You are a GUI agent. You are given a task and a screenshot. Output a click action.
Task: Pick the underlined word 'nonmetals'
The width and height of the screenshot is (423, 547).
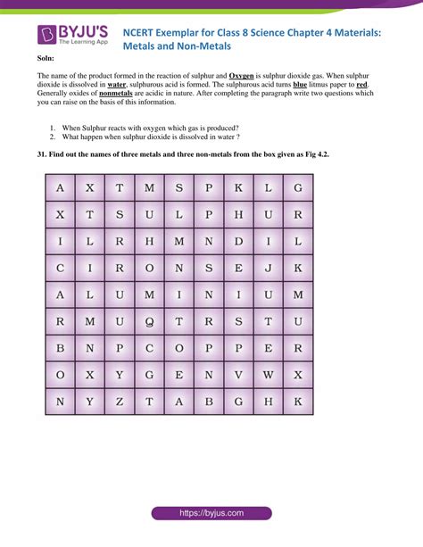click(x=118, y=102)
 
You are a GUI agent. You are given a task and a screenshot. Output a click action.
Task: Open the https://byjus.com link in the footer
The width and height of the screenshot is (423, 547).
click(x=211, y=513)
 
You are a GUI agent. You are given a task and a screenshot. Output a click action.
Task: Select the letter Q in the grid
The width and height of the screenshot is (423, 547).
click(x=149, y=321)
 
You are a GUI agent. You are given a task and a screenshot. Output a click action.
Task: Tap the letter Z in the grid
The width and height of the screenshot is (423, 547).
click(x=120, y=402)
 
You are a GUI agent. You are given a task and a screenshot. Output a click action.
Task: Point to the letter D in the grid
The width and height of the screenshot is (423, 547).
click(x=238, y=241)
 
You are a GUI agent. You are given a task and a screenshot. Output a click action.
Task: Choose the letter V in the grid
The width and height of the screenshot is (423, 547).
click(x=238, y=375)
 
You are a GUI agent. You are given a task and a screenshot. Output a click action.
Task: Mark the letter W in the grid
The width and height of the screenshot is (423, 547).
click(x=268, y=375)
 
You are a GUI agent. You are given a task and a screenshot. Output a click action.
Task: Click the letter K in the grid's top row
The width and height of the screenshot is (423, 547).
click(x=238, y=187)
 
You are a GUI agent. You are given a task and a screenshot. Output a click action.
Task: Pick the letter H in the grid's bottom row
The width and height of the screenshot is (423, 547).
click(x=268, y=402)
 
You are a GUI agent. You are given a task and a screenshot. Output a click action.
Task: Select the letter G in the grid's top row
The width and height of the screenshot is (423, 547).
click(x=298, y=187)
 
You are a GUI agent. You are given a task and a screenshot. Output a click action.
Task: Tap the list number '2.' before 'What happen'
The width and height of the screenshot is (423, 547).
click(x=54, y=137)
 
